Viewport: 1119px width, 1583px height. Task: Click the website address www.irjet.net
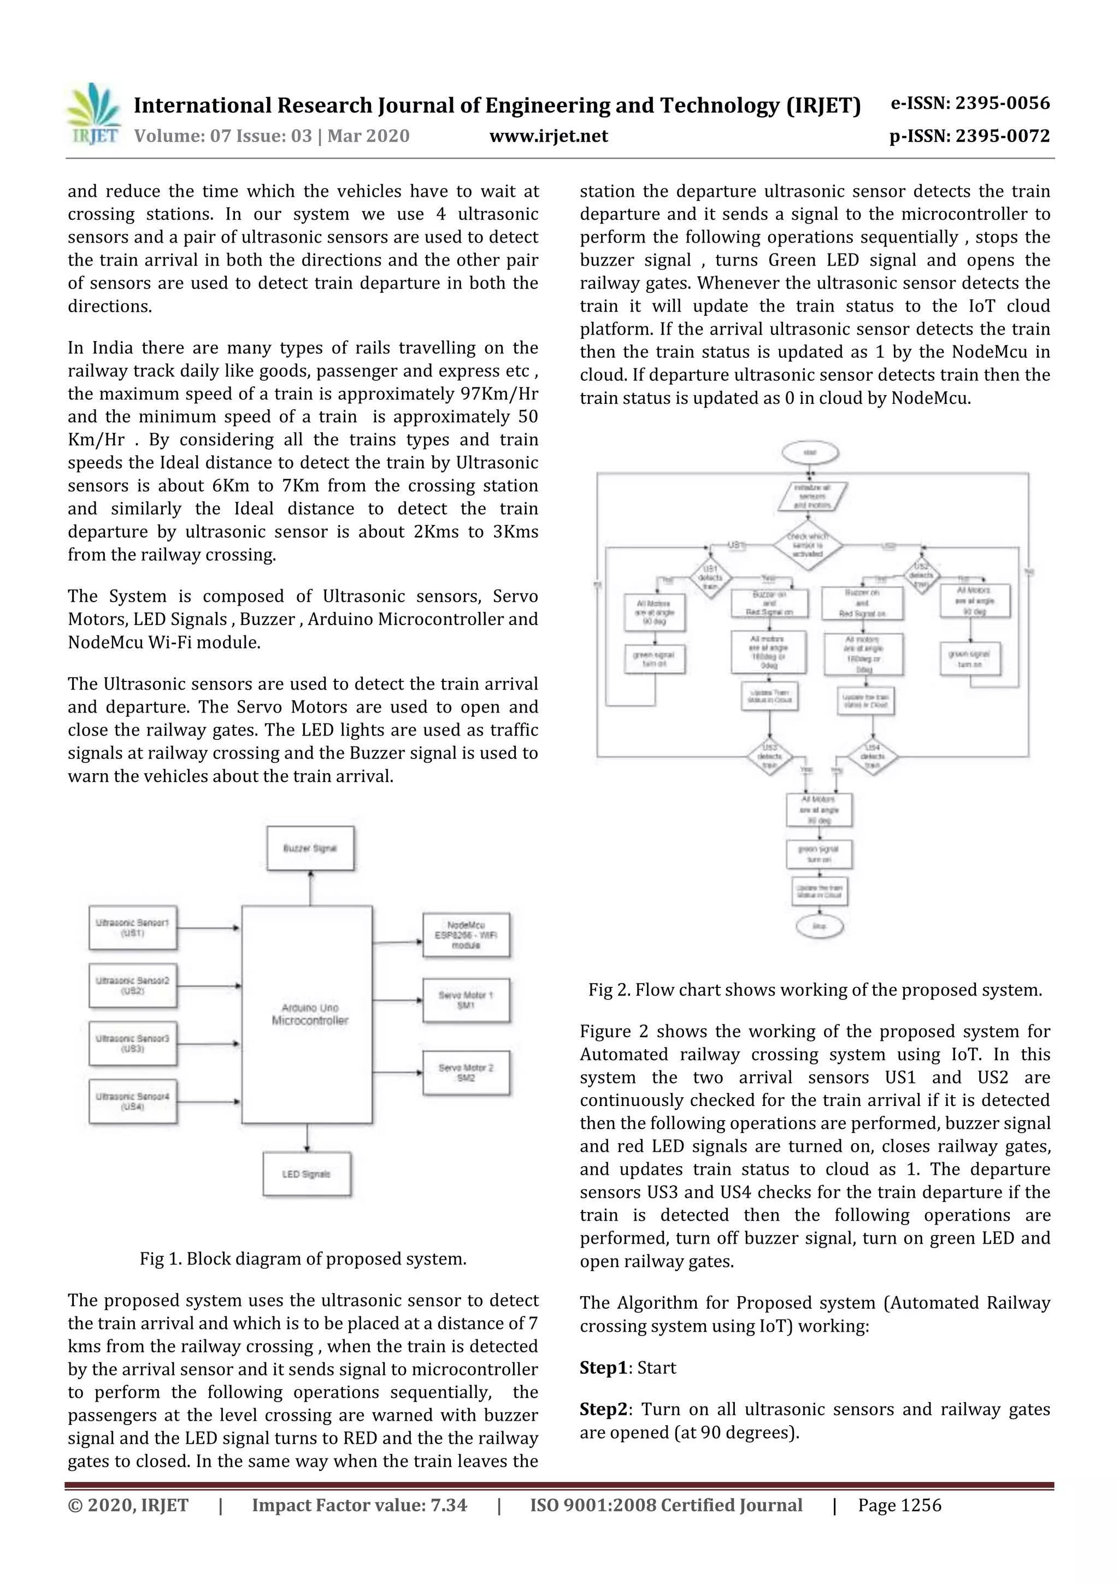(x=548, y=136)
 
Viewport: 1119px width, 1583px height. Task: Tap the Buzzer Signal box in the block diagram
(x=310, y=848)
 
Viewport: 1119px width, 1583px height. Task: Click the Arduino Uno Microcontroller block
(x=308, y=1014)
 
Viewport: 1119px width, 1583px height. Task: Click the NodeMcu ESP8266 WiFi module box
(x=466, y=935)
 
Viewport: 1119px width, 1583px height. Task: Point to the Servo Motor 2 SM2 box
(x=466, y=1073)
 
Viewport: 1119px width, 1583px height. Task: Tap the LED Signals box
(x=307, y=1174)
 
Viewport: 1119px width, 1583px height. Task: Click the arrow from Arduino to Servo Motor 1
(x=397, y=1000)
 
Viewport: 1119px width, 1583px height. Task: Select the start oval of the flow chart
(x=810, y=453)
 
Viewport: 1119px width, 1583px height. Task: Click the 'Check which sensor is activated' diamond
(x=808, y=545)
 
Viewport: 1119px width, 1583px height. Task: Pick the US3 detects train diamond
(x=769, y=756)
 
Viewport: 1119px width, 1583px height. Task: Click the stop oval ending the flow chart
(x=819, y=926)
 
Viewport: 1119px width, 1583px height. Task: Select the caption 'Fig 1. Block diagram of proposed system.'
(x=303, y=1259)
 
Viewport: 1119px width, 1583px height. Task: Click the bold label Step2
(x=603, y=1409)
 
